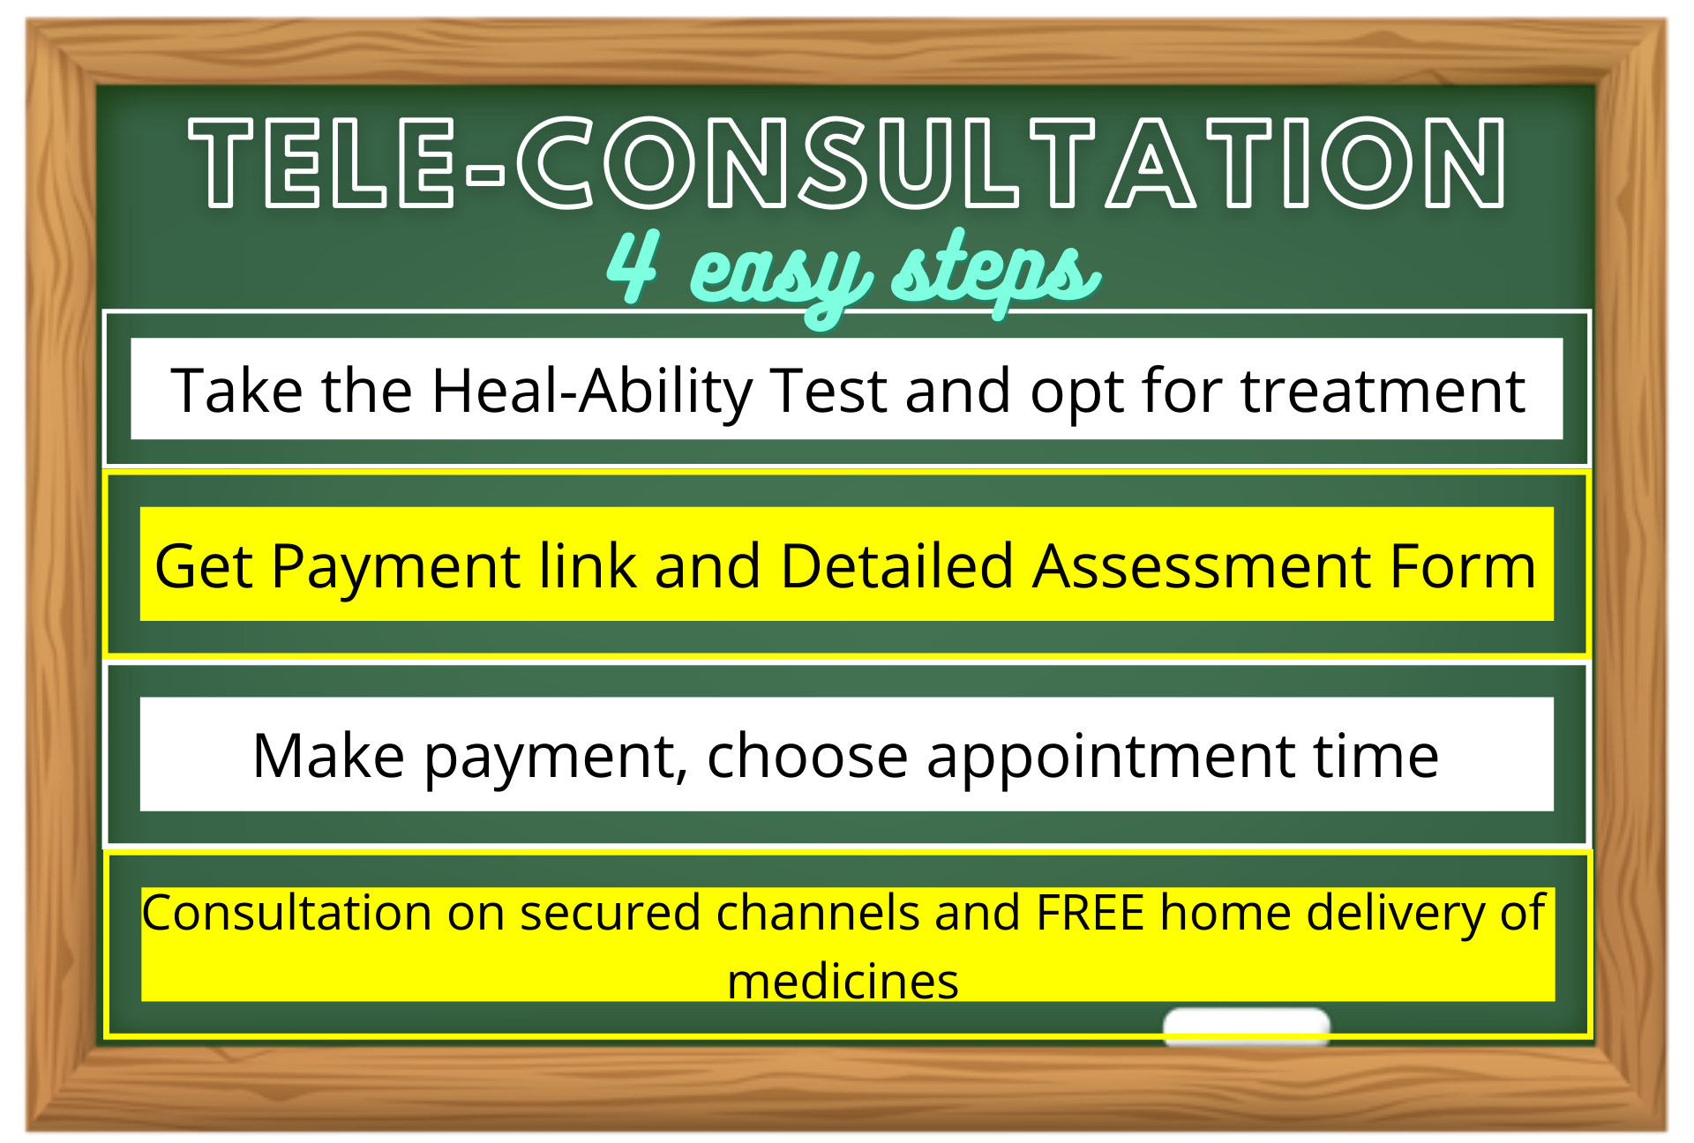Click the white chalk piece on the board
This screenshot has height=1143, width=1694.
pos(1246,1026)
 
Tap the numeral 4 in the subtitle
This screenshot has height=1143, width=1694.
pos(633,266)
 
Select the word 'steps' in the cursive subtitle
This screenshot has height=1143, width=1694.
pos(995,270)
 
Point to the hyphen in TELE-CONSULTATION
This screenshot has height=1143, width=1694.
pos(485,175)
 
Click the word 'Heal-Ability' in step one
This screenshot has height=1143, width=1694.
pos(591,391)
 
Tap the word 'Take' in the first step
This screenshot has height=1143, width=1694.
pos(236,391)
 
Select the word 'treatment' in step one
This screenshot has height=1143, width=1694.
pos(1383,391)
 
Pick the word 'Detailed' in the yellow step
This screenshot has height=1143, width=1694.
pos(896,566)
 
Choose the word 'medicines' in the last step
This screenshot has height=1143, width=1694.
pos(843,982)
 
